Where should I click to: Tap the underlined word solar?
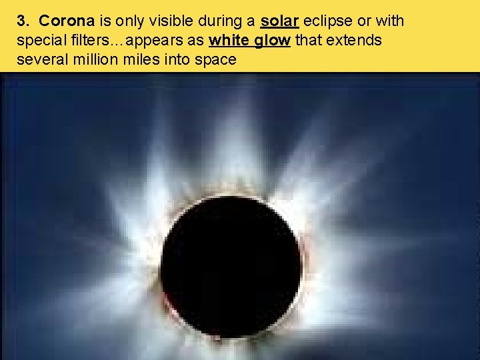[x=279, y=21]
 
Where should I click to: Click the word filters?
[x=94, y=40]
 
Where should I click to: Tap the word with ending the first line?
[x=389, y=21]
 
